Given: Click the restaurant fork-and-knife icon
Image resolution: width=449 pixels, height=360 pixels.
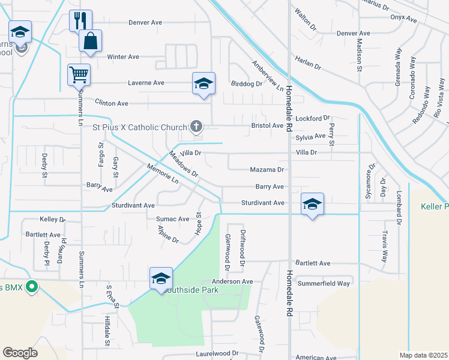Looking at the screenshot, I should pos(80,21).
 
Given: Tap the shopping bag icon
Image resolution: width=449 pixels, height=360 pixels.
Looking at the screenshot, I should pos(90,41).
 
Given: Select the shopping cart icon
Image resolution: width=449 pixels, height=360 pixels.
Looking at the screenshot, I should pos(79,74).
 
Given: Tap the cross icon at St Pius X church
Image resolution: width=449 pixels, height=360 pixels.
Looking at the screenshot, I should pos(195,126).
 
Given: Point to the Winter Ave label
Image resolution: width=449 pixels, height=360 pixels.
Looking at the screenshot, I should pos(123,57).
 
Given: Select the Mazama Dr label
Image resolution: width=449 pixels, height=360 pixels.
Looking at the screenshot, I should pos(267,170).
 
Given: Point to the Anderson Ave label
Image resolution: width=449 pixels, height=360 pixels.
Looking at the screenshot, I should pos(232,281).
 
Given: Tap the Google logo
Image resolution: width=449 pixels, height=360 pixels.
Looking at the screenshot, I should pos(20,353).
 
